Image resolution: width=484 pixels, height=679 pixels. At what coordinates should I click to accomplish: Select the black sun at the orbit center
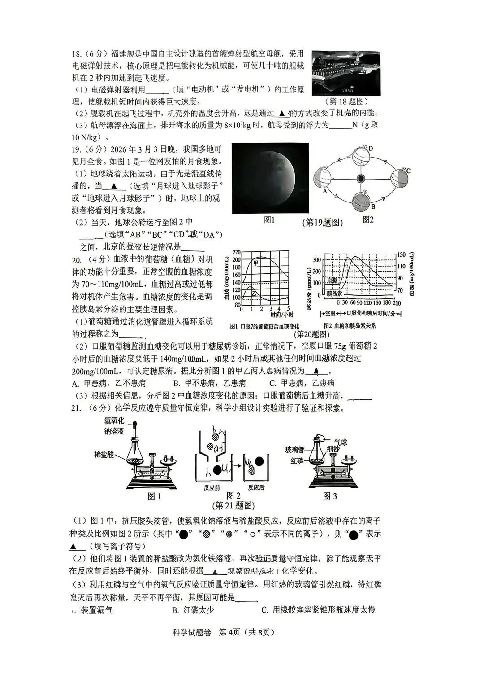pyautogui.click(x=360, y=179)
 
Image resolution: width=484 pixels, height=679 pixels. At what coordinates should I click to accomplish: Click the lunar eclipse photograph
pyautogui.click(x=270, y=178)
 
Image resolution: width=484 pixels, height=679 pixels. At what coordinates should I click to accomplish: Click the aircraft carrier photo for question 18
pyautogui.click(x=346, y=73)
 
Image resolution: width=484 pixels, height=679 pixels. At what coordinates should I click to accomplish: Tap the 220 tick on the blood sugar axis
pyautogui.click(x=237, y=252)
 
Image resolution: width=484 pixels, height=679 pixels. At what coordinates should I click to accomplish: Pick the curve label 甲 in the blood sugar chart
pyautogui.click(x=256, y=263)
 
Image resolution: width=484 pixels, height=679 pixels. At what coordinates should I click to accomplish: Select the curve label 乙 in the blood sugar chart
pyautogui.click(x=254, y=292)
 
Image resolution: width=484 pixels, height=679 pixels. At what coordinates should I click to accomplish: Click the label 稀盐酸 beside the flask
pyautogui.click(x=104, y=454)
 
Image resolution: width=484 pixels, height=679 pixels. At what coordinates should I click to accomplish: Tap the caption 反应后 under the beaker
pyautogui.click(x=256, y=487)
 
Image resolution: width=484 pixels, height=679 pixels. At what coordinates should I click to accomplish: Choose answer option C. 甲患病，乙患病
pyautogui.click(x=302, y=383)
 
